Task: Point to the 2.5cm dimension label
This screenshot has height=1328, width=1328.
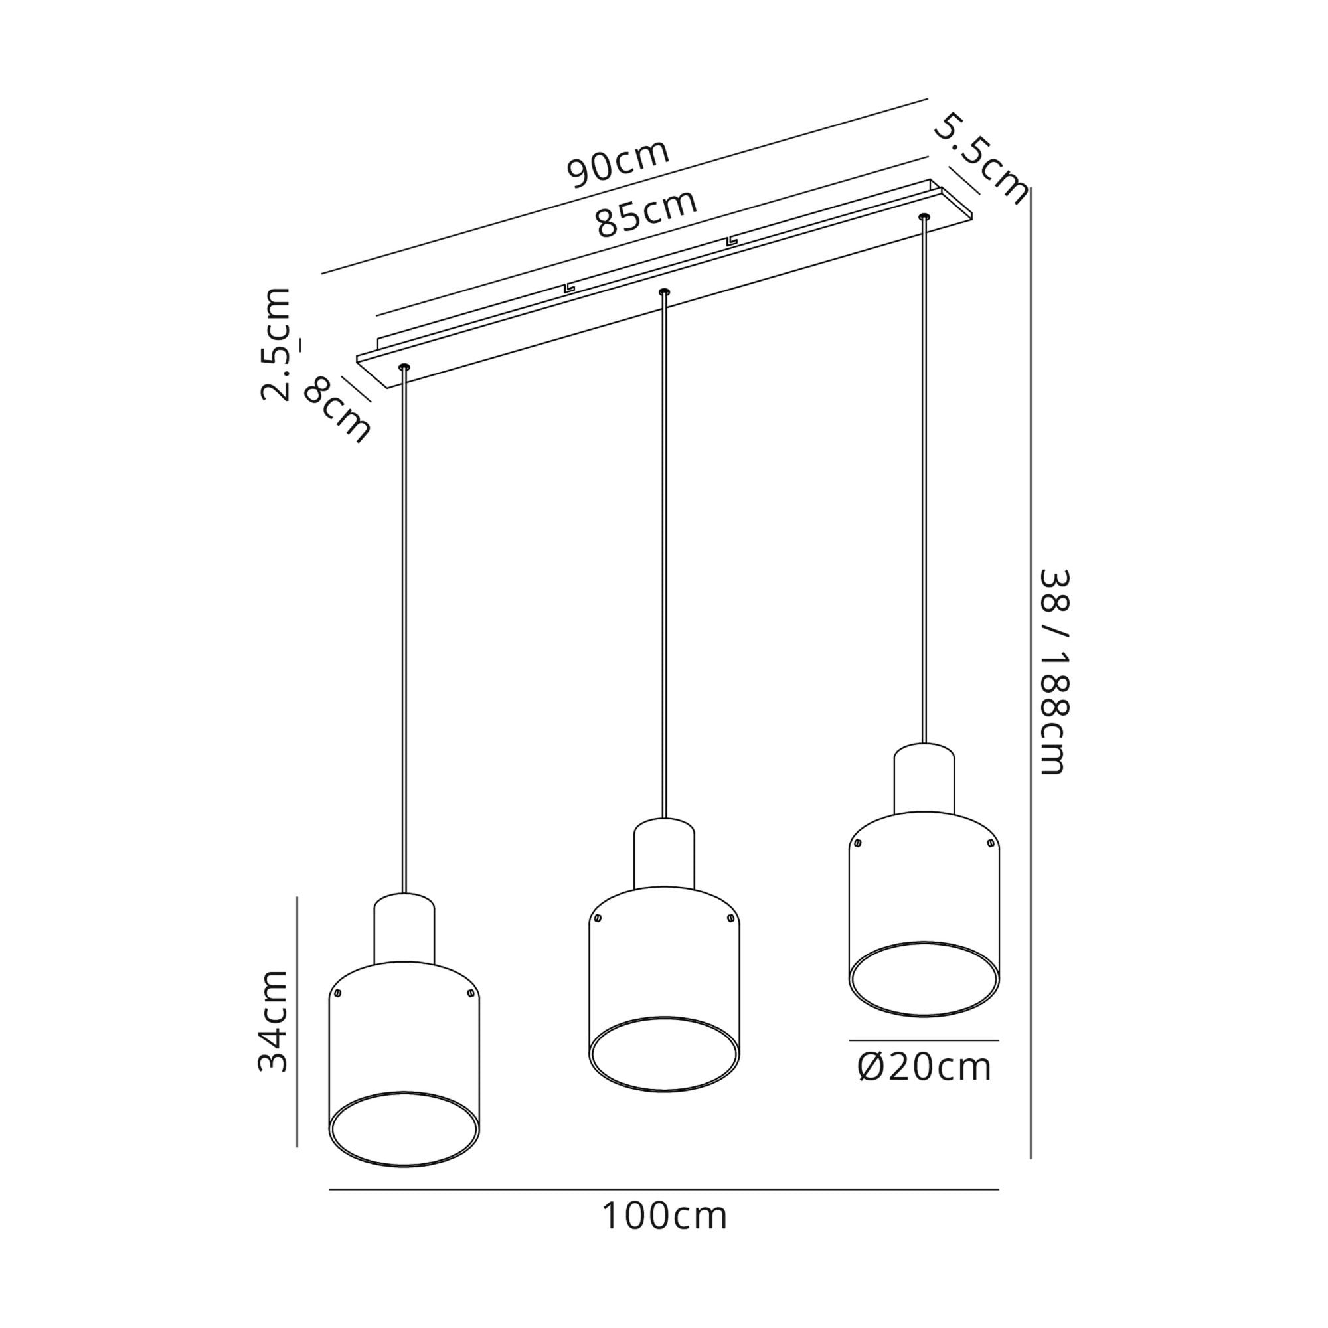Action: [x=276, y=345]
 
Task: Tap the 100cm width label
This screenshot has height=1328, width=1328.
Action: [x=664, y=1216]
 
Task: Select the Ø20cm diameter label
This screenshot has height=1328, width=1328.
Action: [x=924, y=1068]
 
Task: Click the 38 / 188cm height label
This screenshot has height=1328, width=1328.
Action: [x=1053, y=672]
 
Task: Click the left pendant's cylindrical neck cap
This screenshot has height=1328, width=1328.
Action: [x=404, y=929]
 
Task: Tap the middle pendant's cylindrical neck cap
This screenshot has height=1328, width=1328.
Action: [x=664, y=854]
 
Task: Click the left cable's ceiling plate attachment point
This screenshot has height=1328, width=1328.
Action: [x=404, y=368]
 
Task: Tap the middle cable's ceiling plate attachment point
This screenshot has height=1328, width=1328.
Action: [x=663, y=292]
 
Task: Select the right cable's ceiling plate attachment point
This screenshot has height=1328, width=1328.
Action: [x=923, y=217]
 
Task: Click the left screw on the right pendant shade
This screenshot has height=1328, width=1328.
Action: [x=857, y=843]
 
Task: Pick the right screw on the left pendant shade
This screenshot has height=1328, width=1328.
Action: [x=470, y=993]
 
